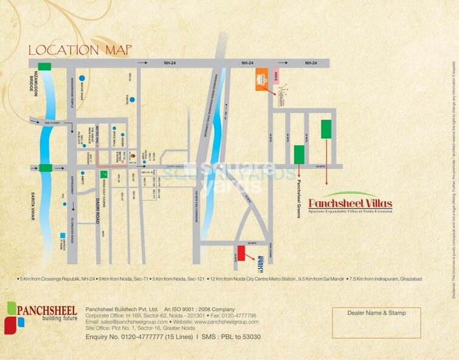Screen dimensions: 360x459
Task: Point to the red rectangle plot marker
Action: click(241, 253)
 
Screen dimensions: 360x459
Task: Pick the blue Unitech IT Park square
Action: click(62, 235)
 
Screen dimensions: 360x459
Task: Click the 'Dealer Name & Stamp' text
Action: click(376, 313)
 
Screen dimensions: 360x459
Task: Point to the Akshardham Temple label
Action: click(72, 92)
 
